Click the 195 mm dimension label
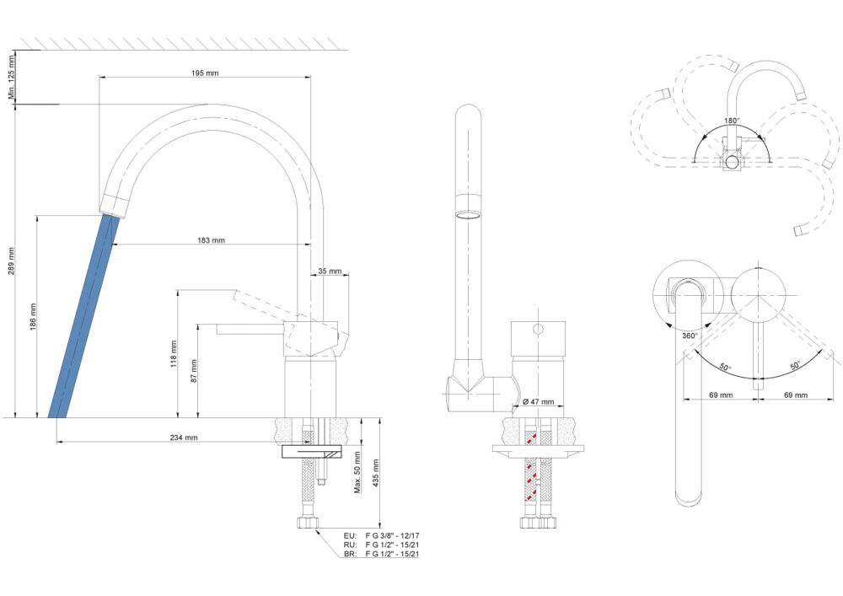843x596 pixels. [204, 73]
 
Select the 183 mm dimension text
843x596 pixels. [211, 240]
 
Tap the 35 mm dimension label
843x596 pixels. [330, 271]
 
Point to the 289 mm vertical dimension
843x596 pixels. [12, 261]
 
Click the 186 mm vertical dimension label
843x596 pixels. [32, 316]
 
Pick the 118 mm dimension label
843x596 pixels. [173, 354]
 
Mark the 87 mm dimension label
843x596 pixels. [193, 372]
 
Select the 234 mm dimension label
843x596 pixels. [184, 438]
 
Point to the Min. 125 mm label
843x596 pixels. [12, 78]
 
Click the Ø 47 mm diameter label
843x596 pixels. [539, 402]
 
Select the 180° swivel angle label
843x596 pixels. [732, 121]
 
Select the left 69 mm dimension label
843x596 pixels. [719, 395]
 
